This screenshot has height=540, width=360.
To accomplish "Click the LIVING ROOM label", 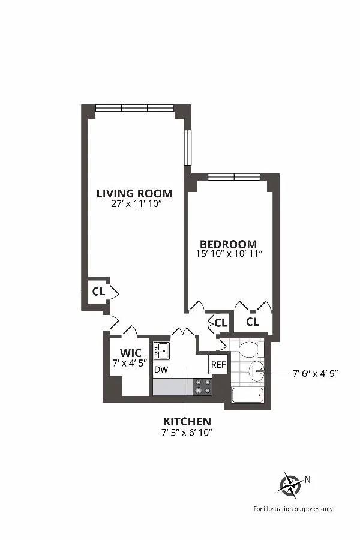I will tap(134, 193).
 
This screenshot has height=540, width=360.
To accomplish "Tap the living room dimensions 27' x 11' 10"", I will tap(134, 204).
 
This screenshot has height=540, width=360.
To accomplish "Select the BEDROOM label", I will tap(228, 244).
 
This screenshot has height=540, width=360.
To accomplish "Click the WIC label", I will tap(130, 352).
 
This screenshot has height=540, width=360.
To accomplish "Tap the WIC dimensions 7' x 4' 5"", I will tap(130, 362).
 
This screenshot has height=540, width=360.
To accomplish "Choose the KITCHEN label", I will tap(187, 422).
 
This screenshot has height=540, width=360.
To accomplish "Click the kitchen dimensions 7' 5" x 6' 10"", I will tap(187, 432).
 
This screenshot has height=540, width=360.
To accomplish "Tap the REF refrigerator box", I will tap(218, 364).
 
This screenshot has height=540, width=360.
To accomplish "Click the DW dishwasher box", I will tap(161, 370).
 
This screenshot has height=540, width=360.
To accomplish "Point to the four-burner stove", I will tap(202, 386).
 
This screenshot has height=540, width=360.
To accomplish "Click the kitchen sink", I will tap(161, 349).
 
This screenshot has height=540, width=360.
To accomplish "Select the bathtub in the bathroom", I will tap(248, 396).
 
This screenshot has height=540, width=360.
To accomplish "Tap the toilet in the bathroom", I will tap(248, 349).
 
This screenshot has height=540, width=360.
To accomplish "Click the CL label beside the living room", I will tap(98, 292).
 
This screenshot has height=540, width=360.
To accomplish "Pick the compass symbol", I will tap(291, 484).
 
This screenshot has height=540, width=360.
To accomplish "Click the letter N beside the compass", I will tap(308, 479).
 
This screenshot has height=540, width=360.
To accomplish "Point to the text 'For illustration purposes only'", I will tap(293, 509).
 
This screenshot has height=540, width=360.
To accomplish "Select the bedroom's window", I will tap(233, 176).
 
